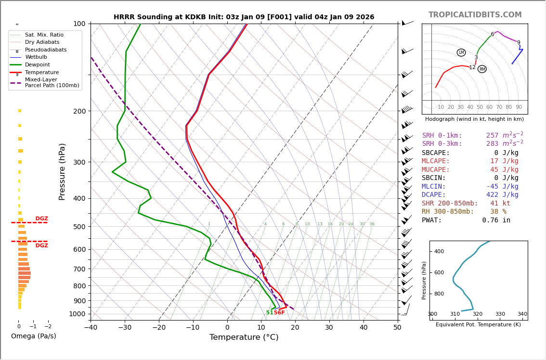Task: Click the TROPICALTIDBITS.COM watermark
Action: (475, 15)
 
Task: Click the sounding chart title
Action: (244, 17)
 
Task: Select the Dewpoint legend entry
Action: (38, 64)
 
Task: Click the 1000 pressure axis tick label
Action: (78, 314)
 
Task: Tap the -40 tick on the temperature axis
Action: (91, 328)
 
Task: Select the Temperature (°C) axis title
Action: (244, 337)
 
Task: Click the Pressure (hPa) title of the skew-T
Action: (62, 171)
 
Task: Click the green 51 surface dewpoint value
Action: (270, 313)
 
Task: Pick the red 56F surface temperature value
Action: (279, 313)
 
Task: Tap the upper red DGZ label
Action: (42, 219)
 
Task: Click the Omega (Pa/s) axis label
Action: (33, 336)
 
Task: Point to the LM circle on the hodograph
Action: (461, 52)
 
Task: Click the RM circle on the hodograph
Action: (482, 69)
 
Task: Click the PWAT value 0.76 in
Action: (496, 220)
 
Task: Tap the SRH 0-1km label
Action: (442, 136)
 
